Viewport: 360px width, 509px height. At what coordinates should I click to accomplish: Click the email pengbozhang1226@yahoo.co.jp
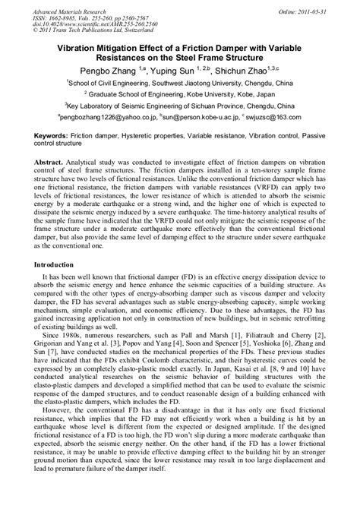104,119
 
